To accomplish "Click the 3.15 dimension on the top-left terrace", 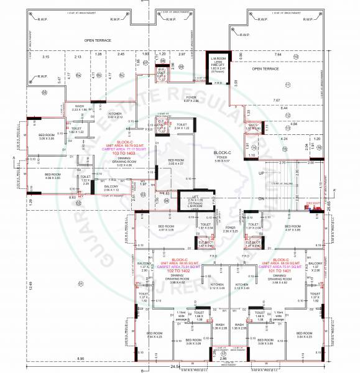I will pyautogui.click(x=45, y=57).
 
